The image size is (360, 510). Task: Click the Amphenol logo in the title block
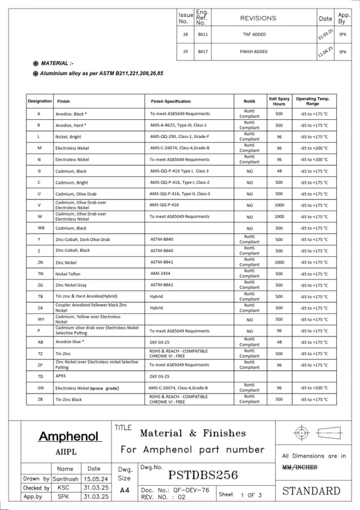pos(70,437)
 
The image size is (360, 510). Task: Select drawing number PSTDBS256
pos(203,475)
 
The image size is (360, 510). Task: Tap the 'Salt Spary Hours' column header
pos(279,101)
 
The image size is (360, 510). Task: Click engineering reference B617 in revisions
pos(202,52)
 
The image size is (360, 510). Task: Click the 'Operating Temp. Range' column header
pos(313,101)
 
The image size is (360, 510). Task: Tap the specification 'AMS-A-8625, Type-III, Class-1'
pos(178,125)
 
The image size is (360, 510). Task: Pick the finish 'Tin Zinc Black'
pos(68,399)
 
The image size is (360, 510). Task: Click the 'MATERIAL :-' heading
pos(57,63)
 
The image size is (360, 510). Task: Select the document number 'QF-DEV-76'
pos(187,490)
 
